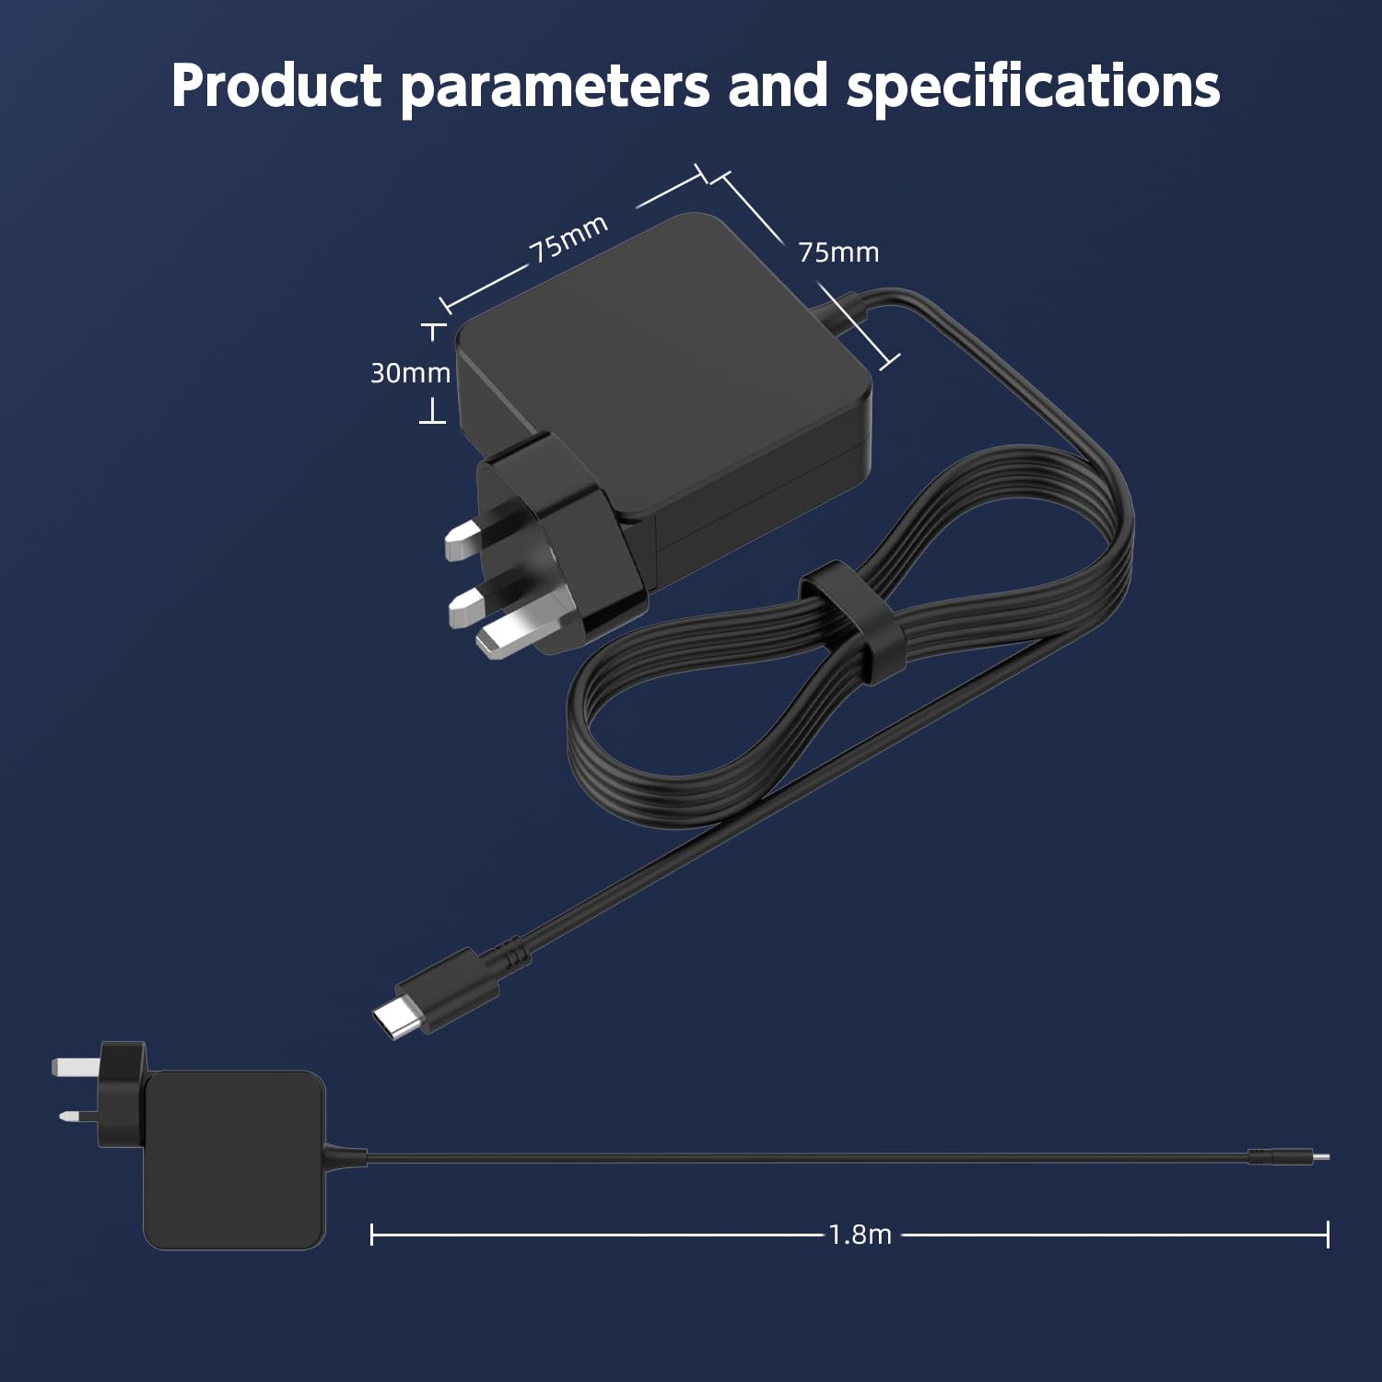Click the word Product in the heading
point(276,86)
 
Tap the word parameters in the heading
point(556,89)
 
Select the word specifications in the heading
point(1034,88)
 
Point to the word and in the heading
point(779,85)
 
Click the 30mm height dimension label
point(410,373)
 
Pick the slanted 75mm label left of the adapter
point(568,239)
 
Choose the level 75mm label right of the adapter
point(838,252)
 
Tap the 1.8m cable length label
point(860,1235)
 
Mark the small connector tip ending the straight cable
point(1321,1156)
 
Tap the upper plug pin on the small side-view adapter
point(76,1067)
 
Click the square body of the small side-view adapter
point(234,1160)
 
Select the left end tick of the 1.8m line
point(371,1235)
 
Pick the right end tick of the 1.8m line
point(1328,1235)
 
